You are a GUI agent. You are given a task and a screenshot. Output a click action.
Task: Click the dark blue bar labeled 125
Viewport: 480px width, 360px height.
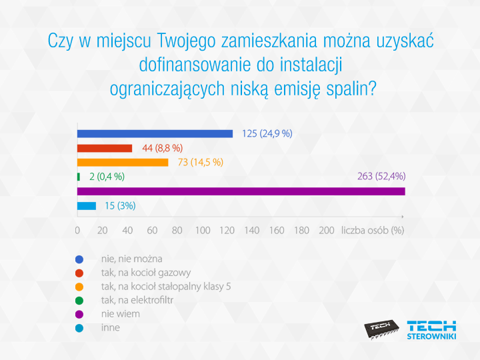point(155,133)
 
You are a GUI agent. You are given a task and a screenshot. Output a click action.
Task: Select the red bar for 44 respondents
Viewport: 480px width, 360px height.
point(105,148)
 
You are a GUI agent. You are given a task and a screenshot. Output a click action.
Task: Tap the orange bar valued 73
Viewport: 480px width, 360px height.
point(123,162)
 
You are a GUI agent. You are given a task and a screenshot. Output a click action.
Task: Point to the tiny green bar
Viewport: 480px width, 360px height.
point(79,177)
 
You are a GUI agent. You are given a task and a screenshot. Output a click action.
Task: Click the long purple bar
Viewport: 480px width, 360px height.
point(241,191)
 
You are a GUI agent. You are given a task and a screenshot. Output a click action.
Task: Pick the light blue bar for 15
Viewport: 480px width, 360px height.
point(87,206)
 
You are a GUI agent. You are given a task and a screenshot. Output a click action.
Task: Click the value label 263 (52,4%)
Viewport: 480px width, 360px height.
point(381,177)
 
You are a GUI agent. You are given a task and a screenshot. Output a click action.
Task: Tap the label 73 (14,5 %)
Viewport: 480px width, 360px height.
point(200,162)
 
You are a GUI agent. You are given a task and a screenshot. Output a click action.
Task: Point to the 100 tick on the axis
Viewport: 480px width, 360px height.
point(202,230)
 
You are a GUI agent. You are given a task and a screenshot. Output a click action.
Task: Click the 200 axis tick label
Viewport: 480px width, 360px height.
point(327,230)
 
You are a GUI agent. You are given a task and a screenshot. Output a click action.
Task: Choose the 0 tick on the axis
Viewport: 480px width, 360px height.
point(78,230)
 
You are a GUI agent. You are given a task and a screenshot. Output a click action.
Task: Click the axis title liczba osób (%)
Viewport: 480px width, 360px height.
point(373,230)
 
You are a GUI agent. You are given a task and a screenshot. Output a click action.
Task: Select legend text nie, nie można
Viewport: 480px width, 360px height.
point(132,259)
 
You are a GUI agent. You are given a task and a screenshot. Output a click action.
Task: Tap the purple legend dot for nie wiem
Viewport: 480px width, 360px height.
point(79,314)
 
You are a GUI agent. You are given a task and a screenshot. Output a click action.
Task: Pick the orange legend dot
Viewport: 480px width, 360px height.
point(79,287)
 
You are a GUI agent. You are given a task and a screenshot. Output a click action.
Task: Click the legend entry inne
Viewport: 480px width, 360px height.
point(111,327)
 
